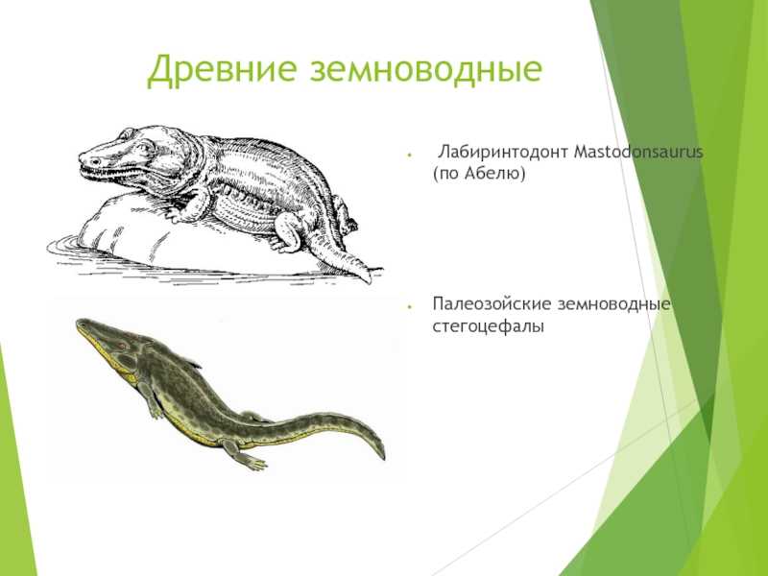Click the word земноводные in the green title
[x=425, y=69]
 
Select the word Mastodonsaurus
[x=638, y=152]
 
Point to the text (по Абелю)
[x=479, y=174]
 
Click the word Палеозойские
[x=492, y=303]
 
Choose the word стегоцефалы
[x=489, y=326]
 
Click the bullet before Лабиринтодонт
[x=409, y=155]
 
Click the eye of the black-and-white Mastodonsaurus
[x=128, y=133]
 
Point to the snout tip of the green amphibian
[x=79, y=323]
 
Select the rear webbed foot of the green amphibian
[x=251, y=461]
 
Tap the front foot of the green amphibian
[x=156, y=412]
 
